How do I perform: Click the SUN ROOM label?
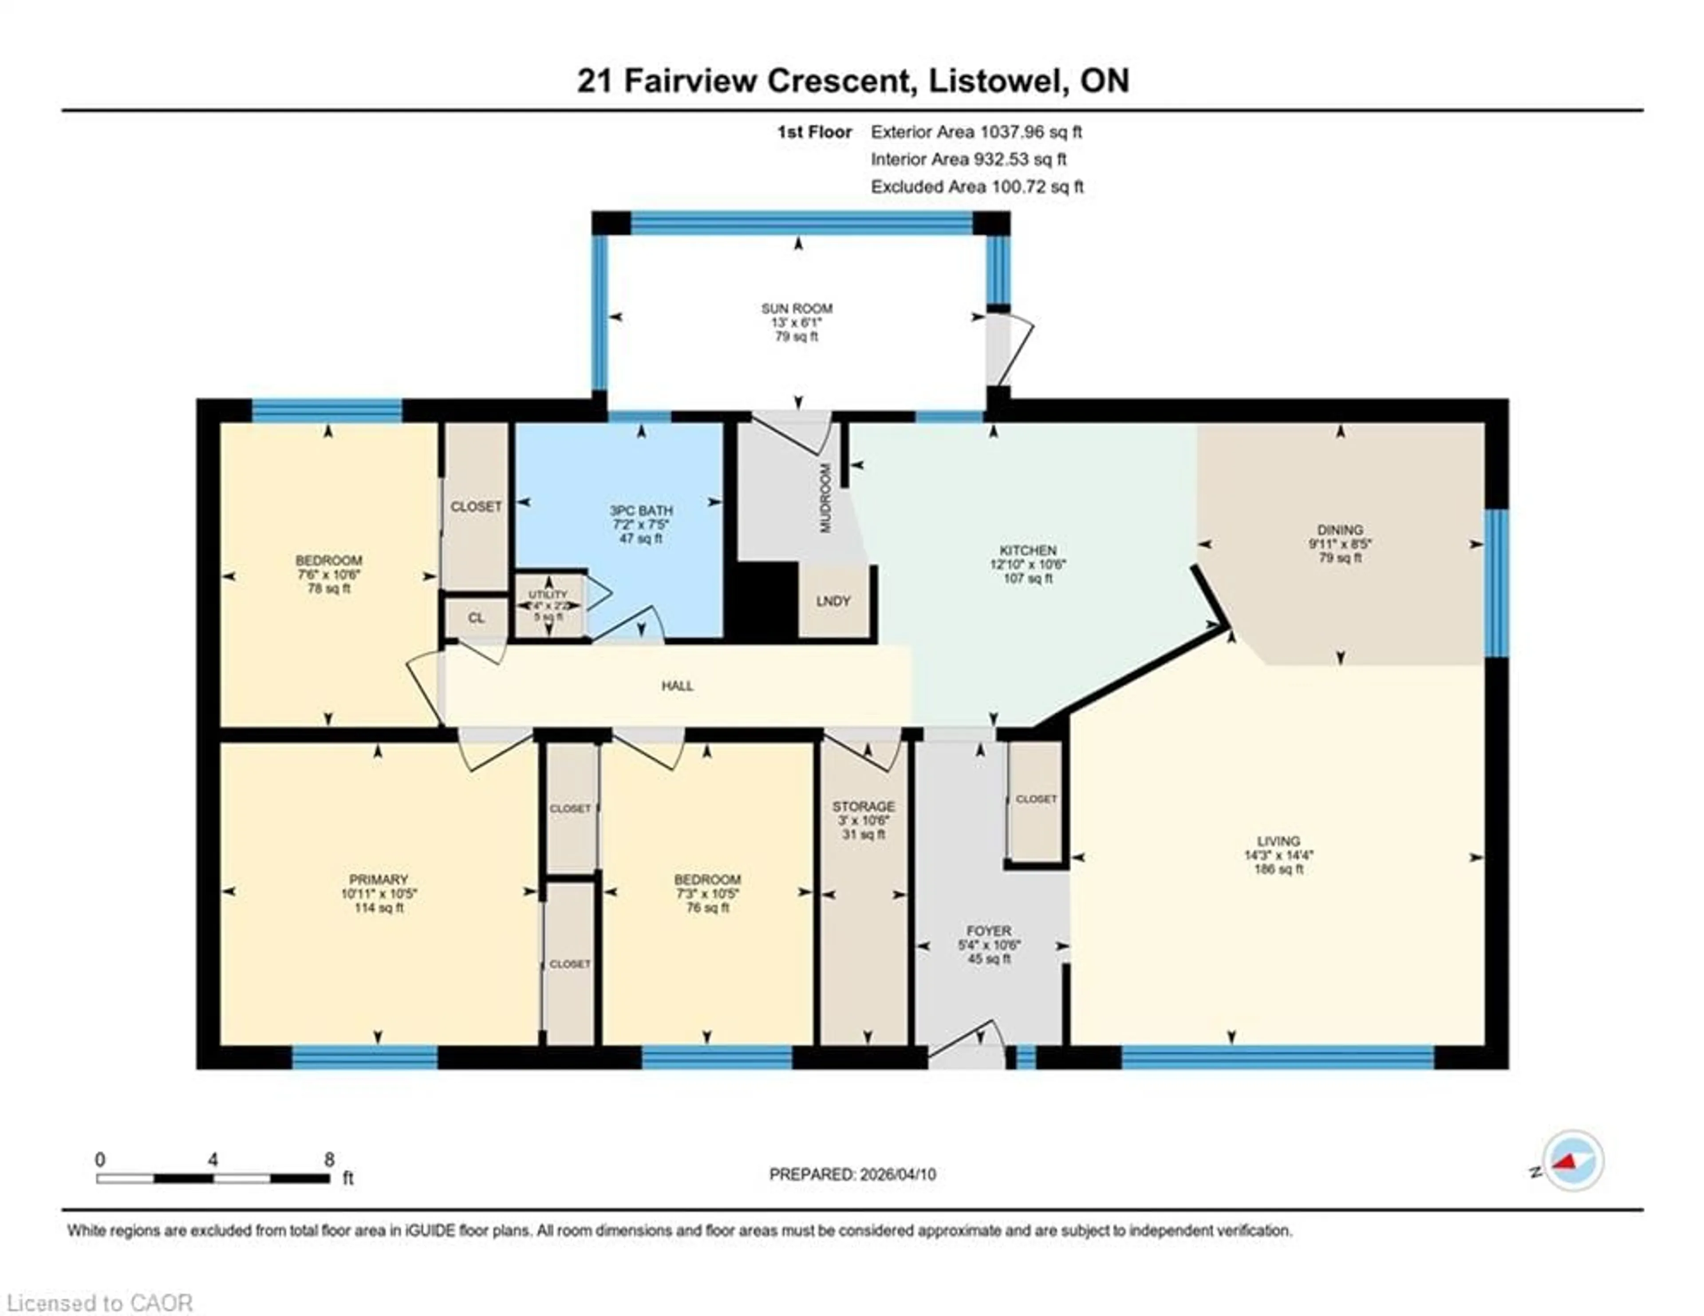click(797, 308)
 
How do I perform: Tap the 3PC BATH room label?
click(641, 511)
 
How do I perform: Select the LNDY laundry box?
click(832, 601)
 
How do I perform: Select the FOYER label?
click(989, 931)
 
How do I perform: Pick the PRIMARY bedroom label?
click(379, 880)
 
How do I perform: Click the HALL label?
click(677, 686)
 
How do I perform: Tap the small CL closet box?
click(476, 618)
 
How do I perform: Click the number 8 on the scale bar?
click(329, 1160)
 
